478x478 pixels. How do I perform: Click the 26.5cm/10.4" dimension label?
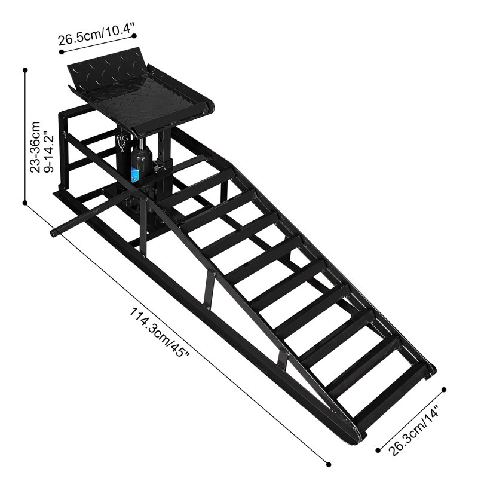click(96, 40)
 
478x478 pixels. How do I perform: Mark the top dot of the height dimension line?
click(25, 70)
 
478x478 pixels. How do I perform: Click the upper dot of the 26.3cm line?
click(445, 390)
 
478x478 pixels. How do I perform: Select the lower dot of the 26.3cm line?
click(378, 449)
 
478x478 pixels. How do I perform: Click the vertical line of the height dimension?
click(25, 137)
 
